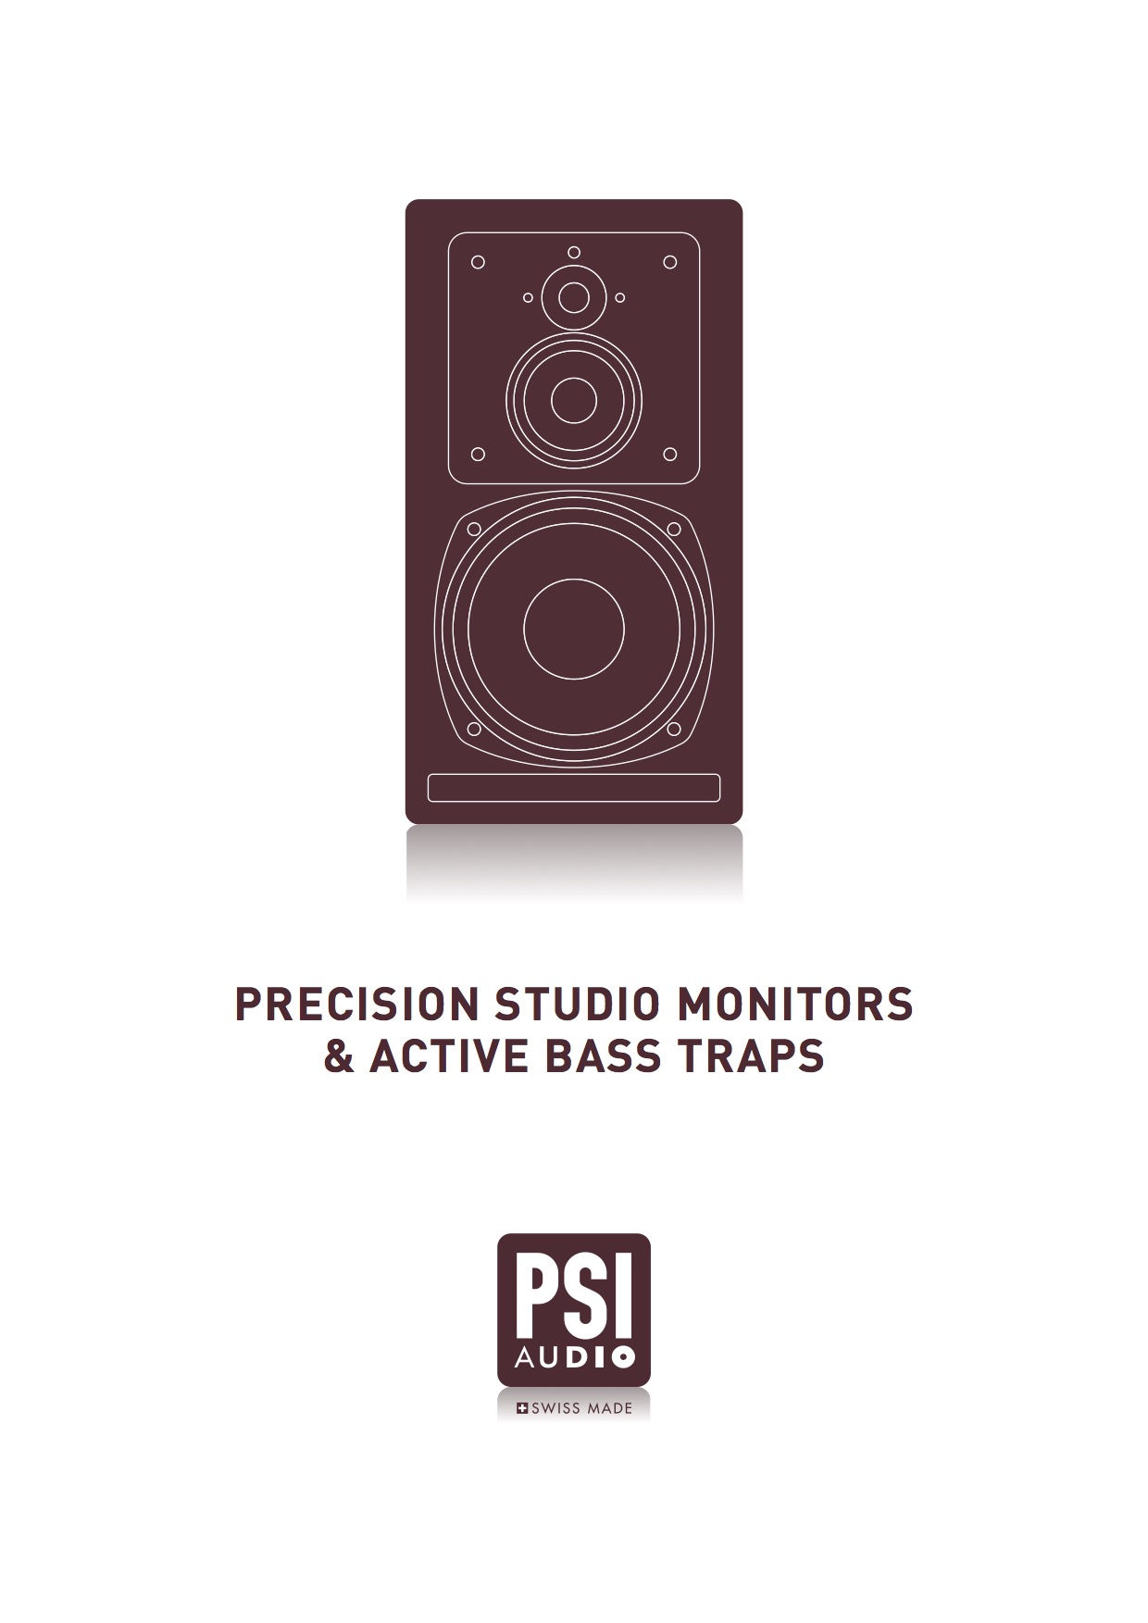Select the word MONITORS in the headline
(x=794, y=1005)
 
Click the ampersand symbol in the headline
(x=340, y=1056)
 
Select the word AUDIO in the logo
(x=574, y=1358)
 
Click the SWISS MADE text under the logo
(x=581, y=1408)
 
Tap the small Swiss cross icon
(x=521, y=1408)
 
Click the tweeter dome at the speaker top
(x=574, y=298)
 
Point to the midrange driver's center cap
(x=574, y=400)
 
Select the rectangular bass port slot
(x=574, y=788)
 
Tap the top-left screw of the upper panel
(x=478, y=262)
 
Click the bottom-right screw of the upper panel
(x=670, y=455)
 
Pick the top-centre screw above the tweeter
(x=574, y=252)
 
